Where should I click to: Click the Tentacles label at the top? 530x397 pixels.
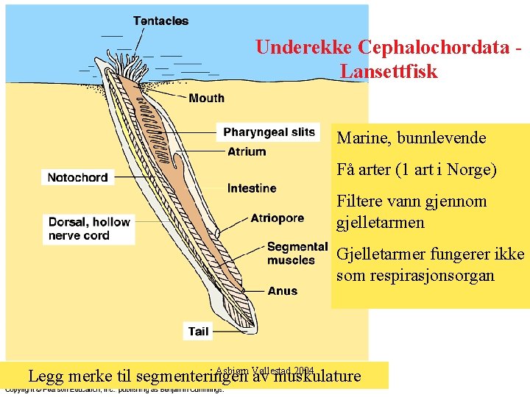coord(160,21)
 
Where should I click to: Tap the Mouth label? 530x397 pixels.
coord(206,98)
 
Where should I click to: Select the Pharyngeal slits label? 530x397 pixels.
coord(269,132)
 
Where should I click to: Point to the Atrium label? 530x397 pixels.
coord(247,151)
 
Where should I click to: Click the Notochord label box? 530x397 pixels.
coord(77,177)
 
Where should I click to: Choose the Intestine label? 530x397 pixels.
coord(252,188)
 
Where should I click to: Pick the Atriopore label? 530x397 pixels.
coord(277,218)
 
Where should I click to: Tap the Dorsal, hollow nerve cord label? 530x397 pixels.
coord(89,229)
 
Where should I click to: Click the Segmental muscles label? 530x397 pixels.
coord(297,253)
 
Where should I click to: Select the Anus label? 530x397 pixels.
coord(283,291)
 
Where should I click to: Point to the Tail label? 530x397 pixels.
coord(198,332)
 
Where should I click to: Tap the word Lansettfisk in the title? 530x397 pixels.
coord(389,72)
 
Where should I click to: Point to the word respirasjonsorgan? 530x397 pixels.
coord(416,276)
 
